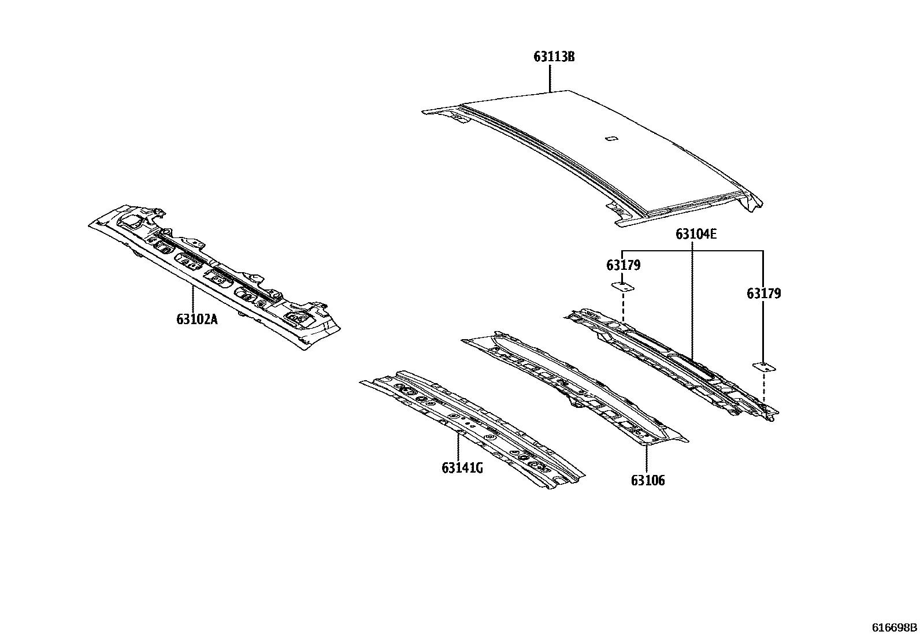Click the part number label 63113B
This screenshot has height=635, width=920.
[554, 56]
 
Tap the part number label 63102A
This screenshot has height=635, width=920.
[197, 319]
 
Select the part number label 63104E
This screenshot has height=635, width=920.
[696, 234]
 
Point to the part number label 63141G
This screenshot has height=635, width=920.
[462, 468]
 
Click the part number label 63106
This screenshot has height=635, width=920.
[648, 481]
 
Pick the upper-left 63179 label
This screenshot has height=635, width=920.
[624, 265]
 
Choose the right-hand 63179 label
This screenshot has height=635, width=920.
[764, 294]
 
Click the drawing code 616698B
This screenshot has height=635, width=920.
[895, 627]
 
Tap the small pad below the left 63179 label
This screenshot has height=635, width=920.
[623, 287]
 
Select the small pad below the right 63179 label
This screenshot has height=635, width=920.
[764, 367]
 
